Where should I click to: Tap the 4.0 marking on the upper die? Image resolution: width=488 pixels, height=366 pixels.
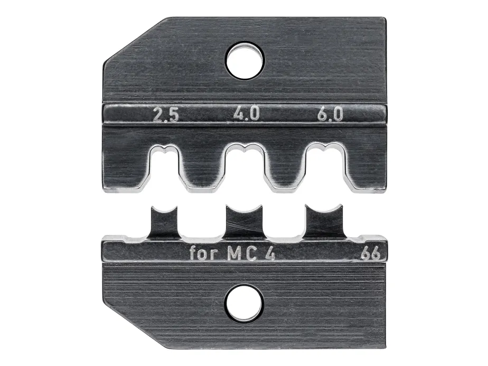246,114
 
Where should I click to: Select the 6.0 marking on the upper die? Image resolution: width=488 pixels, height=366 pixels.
330,114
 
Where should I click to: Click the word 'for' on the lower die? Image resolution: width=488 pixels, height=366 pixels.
203,253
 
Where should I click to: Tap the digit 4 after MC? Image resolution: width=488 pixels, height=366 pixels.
270,254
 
